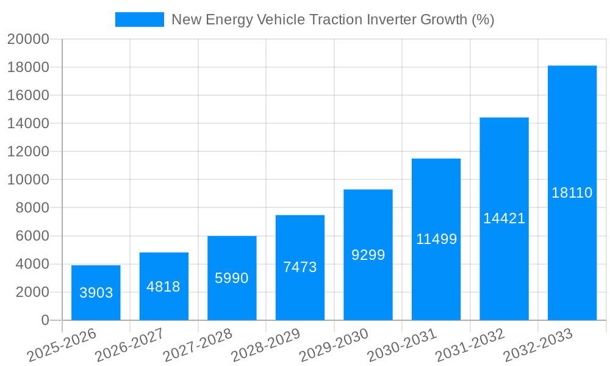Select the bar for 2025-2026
tap(96, 293)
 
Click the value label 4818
tap(163, 287)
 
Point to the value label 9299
tap(368, 255)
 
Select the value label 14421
tap(504, 218)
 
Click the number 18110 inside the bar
tap(572, 193)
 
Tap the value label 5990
tap(232, 278)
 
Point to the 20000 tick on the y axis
tap(28, 40)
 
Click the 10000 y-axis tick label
tap(28, 180)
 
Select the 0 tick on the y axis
tap(45, 320)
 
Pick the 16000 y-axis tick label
tap(28, 96)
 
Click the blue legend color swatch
tap(140, 20)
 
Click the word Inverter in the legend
tap(395, 20)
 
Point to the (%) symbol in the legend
tap(483, 20)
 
